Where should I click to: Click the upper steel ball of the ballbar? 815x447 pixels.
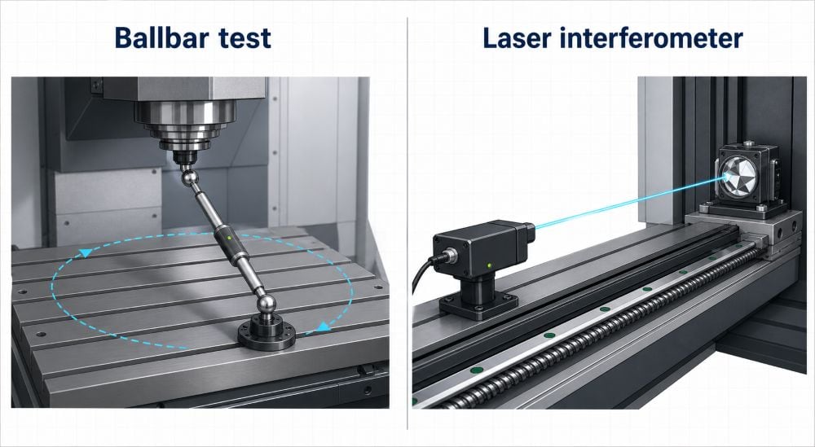click(x=190, y=178)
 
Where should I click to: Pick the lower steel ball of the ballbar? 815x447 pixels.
click(x=267, y=304)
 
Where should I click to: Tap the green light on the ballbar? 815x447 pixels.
click(x=229, y=238)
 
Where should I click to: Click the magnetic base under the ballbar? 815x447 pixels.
click(x=267, y=332)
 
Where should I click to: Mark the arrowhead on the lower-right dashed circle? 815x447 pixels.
click(x=324, y=326)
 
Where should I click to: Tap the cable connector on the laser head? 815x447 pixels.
click(x=446, y=255)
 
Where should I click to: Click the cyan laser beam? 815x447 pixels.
click(x=630, y=202)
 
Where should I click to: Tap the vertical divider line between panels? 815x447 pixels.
click(x=407, y=223)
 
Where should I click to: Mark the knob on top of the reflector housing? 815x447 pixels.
click(x=748, y=144)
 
